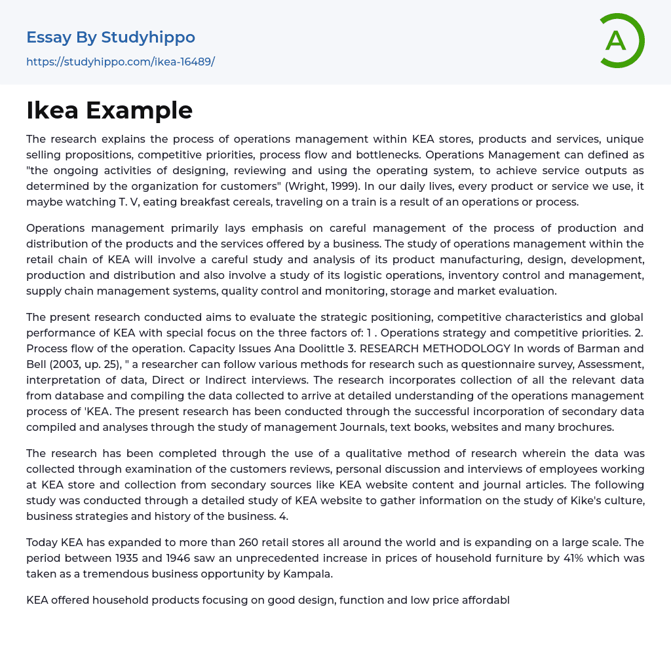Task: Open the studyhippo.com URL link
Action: point(121,62)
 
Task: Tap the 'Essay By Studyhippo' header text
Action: point(111,37)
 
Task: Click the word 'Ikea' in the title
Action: point(53,111)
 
